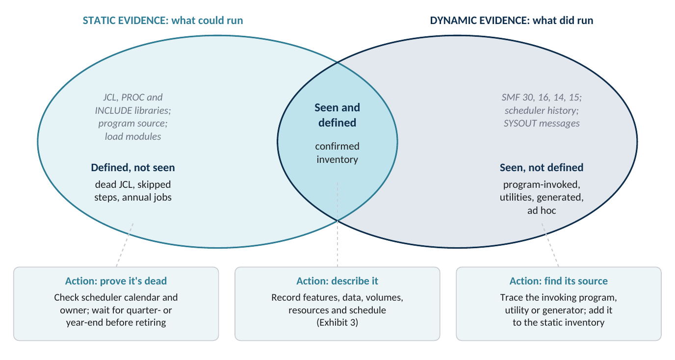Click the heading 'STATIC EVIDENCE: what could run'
coord(163,21)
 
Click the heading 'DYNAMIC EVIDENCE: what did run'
coord(511,21)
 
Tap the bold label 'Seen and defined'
coord(337,115)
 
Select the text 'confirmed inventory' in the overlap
coord(337,153)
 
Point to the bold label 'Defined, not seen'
coord(133,168)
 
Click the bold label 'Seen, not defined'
coord(542,168)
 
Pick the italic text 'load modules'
coord(133,136)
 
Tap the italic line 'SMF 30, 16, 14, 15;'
coord(542,97)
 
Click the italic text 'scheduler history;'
coord(542,110)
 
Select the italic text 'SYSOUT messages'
coord(542,123)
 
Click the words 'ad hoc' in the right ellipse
coord(542,210)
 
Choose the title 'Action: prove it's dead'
coord(116,281)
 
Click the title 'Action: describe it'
coord(337,281)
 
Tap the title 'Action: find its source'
coord(558,281)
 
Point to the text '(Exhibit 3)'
coord(337,323)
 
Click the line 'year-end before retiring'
coord(116,323)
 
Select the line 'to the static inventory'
coord(558,323)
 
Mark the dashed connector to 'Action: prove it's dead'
coord(125,245)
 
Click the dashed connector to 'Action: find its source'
coord(550,245)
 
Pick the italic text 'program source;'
coord(133,123)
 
